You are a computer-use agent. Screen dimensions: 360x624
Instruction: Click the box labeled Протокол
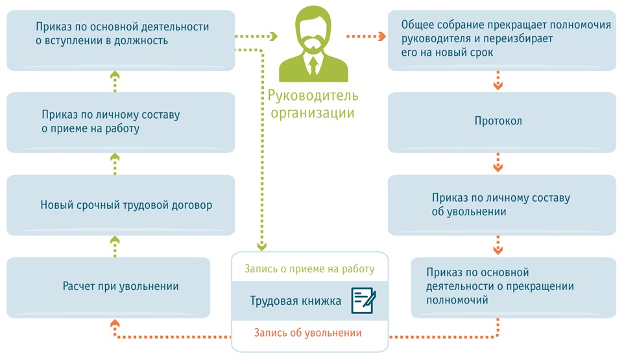(501, 122)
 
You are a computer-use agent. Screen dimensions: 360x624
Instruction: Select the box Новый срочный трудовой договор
(121, 206)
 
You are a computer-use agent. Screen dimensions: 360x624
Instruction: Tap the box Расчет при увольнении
(108, 287)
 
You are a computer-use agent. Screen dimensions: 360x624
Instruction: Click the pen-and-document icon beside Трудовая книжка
(364, 301)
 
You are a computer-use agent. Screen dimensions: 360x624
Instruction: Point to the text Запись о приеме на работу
(309, 269)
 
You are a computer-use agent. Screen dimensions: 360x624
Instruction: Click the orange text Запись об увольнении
(308, 333)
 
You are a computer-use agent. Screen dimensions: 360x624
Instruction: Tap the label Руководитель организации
(313, 104)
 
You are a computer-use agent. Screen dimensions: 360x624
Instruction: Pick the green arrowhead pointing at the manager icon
(272, 36)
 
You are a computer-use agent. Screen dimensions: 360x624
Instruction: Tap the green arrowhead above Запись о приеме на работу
(262, 246)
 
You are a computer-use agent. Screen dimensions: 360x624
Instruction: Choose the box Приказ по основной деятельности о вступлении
(121, 40)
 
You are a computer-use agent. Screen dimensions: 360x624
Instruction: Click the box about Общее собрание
(501, 40)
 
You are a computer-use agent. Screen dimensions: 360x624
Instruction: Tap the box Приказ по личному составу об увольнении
(501, 205)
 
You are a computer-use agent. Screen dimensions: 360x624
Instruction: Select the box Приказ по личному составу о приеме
(121, 122)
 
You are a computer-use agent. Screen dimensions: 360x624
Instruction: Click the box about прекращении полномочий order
(512, 287)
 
